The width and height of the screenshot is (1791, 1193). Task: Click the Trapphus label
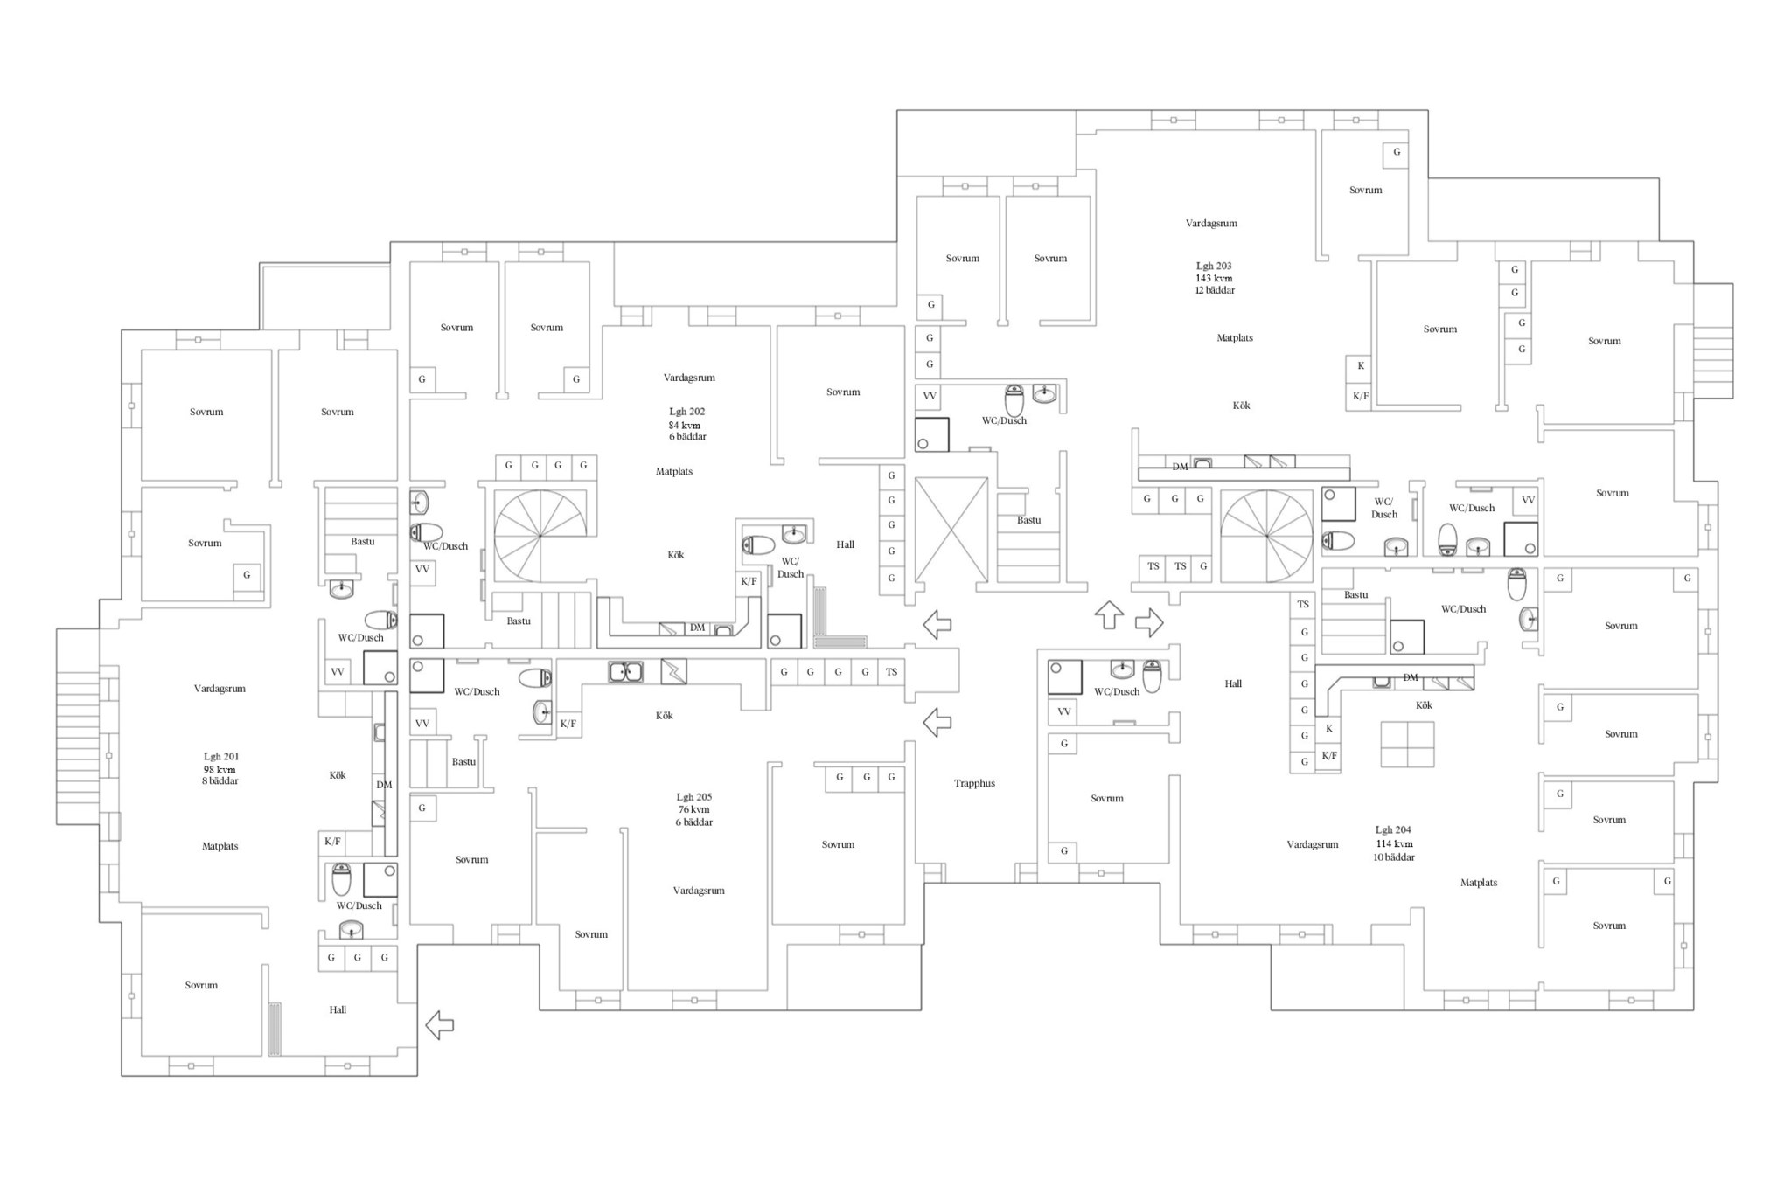974,783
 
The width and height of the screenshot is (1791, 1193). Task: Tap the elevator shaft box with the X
951,530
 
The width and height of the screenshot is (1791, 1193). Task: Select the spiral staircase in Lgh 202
540,536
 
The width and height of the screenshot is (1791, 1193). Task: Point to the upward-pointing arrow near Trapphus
1109,615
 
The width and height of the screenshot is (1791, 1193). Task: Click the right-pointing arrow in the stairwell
1149,622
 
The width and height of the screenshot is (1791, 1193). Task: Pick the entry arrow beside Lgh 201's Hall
439,1024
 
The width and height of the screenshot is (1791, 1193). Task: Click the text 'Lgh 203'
1214,266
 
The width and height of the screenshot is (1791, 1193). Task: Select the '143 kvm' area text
1214,278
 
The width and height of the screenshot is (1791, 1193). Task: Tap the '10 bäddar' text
1394,857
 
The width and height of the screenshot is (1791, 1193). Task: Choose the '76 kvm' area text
694,809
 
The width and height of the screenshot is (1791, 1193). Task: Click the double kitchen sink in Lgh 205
625,671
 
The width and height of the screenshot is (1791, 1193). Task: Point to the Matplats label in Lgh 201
220,846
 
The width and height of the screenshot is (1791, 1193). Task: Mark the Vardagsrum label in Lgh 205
699,891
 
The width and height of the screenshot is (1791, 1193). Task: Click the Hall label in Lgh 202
845,544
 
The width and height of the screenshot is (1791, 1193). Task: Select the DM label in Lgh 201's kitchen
384,785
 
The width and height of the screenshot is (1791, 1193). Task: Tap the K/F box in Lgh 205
568,724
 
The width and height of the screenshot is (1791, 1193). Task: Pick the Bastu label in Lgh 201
363,541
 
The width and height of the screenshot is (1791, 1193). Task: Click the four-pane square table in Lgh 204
1408,744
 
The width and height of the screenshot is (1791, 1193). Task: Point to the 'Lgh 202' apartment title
687,411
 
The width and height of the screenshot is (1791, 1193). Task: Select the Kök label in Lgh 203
1241,405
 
